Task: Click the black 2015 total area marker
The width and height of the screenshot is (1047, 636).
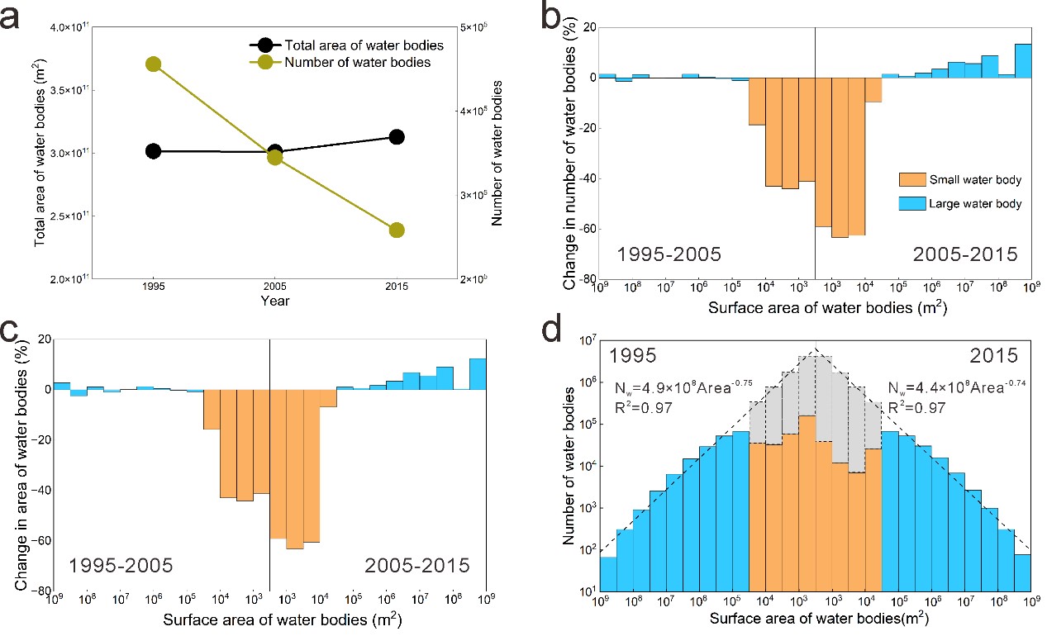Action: [x=396, y=137]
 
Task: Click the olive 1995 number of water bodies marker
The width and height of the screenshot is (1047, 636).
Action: [x=153, y=64]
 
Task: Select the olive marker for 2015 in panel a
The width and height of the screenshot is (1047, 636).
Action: [x=396, y=230]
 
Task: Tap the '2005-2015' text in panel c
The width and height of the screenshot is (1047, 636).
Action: [x=416, y=566]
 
